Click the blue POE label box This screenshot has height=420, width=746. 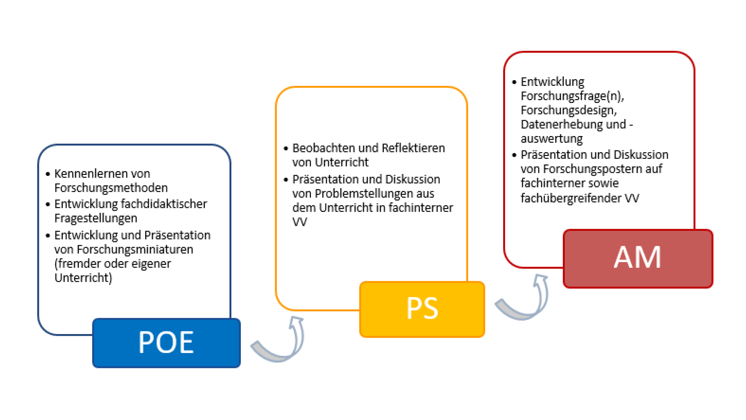166,342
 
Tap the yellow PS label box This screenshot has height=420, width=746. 422,309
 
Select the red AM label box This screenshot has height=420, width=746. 638,259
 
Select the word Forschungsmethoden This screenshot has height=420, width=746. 111,188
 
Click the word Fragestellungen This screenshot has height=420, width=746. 96,218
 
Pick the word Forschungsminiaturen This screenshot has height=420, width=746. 135,249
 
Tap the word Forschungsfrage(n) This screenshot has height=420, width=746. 572,96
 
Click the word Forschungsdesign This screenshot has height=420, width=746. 568,111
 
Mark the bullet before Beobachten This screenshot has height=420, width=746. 286,149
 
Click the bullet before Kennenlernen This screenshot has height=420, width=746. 48,174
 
